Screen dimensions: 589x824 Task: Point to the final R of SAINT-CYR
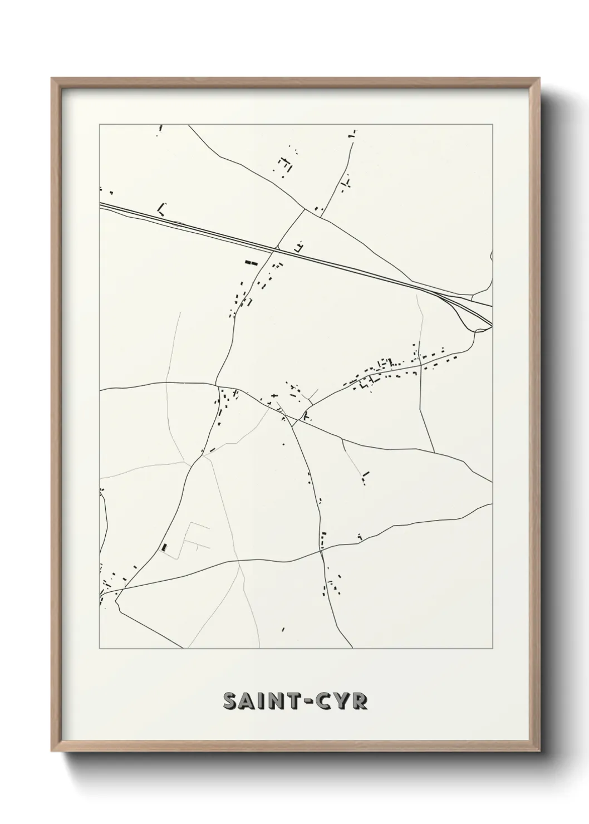(359, 701)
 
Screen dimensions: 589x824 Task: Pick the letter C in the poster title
(324, 701)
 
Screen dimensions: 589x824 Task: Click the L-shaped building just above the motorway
(162, 209)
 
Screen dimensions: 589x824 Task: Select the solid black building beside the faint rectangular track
(164, 547)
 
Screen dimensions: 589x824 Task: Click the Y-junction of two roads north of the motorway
(305, 210)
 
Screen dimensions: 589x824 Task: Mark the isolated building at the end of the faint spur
(365, 476)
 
